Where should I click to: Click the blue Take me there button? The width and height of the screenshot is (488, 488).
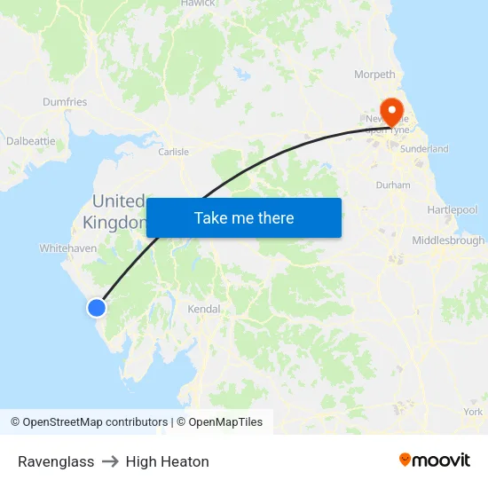(x=244, y=218)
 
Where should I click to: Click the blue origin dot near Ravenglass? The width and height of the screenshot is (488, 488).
(x=96, y=308)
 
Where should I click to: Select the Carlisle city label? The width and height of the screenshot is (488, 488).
(x=173, y=152)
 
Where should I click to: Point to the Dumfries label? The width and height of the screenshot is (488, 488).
(x=65, y=102)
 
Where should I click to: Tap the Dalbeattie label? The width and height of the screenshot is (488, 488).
(x=30, y=140)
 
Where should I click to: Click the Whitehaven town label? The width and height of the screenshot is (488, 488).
(x=68, y=248)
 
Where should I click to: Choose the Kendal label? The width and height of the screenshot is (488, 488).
(x=203, y=310)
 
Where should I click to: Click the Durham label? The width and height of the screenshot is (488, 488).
(x=393, y=185)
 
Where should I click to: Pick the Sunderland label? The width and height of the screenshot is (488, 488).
(x=424, y=149)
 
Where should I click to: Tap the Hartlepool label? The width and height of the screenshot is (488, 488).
(x=452, y=209)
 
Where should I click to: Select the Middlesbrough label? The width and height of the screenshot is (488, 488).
(x=448, y=240)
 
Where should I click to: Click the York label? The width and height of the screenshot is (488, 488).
(x=473, y=412)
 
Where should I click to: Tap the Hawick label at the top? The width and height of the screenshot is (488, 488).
(x=198, y=4)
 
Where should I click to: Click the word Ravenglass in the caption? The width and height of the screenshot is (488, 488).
(x=56, y=461)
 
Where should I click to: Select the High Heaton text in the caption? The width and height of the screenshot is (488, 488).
(x=168, y=461)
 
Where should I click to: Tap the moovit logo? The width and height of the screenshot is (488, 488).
(x=435, y=460)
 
